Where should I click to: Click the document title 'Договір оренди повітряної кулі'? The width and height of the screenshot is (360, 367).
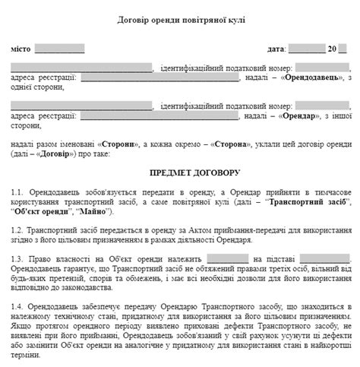[180, 18]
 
